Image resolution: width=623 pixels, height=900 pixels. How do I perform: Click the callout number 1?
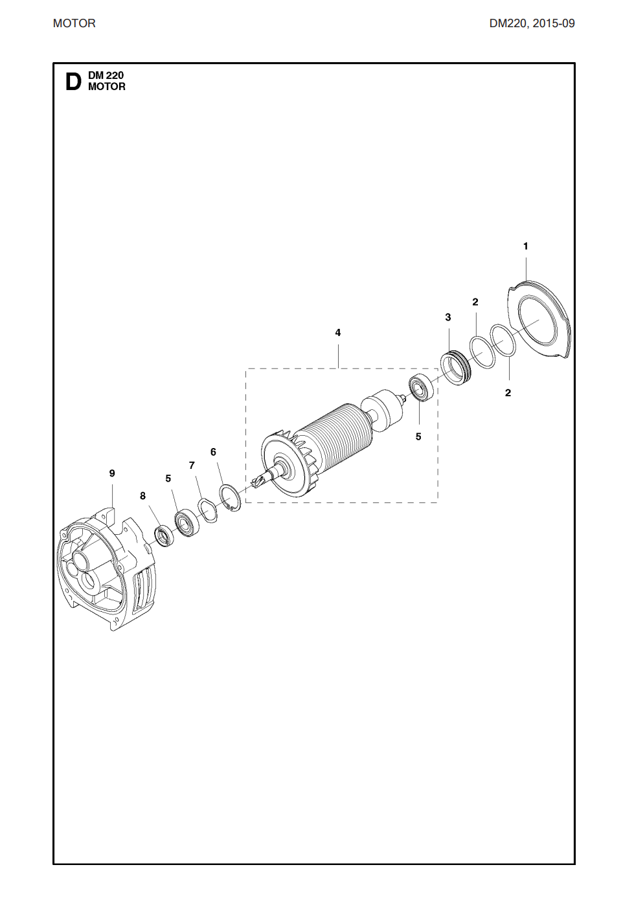pos(525,246)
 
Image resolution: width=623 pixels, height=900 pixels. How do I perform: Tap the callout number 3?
pos(447,317)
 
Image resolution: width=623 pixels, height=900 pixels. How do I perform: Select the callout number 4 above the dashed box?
pos(337,332)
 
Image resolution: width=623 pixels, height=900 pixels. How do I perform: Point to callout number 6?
pos(213,452)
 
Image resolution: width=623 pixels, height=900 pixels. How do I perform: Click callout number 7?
pos(192,466)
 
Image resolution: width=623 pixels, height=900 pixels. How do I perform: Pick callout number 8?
pos(142,496)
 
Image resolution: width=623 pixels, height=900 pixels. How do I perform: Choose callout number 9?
pos(112,473)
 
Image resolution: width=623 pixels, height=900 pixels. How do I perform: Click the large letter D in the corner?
pos(73,82)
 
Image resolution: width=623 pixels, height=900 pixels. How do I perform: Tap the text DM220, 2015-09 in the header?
pos(532,24)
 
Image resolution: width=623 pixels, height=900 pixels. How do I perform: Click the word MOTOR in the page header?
pos(74,24)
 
